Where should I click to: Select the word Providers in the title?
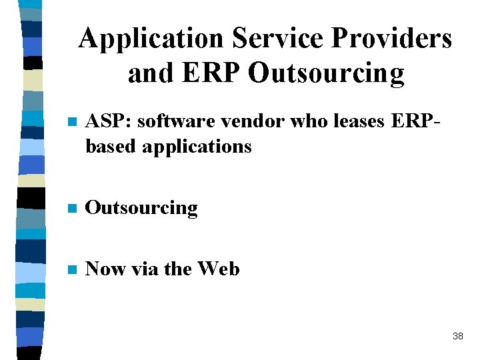click(x=393, y=39)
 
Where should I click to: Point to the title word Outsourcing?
click(x=326, y=73)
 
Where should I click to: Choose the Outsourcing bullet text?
click(x=142, y=208)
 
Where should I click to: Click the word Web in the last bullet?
click(x=218, y=269)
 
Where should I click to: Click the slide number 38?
click(x=457, y=336)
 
